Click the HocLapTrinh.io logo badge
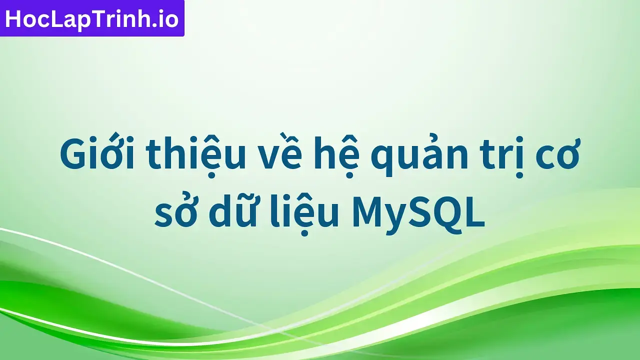[92, 18]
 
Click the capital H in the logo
[13, 19]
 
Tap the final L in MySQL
[476, 212]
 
